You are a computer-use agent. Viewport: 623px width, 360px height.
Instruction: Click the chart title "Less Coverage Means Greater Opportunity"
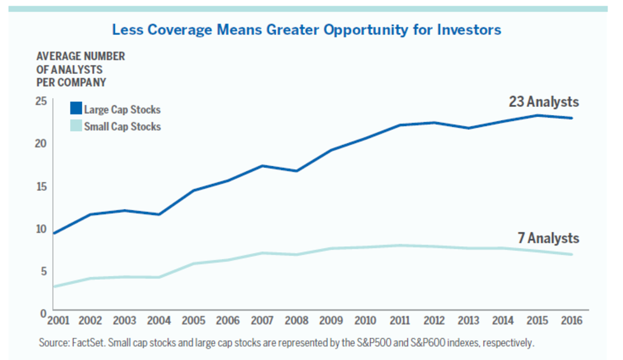point(260,30)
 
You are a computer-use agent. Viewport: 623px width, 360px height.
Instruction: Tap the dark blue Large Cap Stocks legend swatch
point(76,109)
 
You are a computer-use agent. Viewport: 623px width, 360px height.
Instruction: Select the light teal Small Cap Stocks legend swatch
point(76,125)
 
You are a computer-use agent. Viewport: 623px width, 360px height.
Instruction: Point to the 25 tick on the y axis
point(41,101)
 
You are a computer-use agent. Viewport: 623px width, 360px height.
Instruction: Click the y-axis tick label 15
point(41,186)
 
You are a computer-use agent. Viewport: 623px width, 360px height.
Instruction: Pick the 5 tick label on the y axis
point(43,272)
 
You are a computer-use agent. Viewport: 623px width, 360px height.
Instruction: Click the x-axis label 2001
point(58,321)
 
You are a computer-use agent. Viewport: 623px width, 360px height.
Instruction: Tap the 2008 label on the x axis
point(296,321)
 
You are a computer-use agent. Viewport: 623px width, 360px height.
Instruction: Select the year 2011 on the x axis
point(400,321)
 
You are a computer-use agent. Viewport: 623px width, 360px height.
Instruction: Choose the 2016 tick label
point(572,321)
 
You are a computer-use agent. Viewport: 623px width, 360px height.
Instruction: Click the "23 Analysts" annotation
point(544,102)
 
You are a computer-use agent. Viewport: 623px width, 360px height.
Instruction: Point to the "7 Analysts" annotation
point(549,238)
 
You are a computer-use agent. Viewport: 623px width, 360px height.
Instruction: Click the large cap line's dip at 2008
point(297,171)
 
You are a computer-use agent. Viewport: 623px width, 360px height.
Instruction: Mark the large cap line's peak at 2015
point(537,116)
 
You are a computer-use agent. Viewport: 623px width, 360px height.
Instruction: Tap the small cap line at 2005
point(193,263)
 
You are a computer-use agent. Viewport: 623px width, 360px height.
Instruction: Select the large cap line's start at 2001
point(53,233)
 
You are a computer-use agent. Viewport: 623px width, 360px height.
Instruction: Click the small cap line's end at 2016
point(572,254)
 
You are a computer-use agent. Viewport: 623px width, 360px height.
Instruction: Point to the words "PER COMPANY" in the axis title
point(71,83)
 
